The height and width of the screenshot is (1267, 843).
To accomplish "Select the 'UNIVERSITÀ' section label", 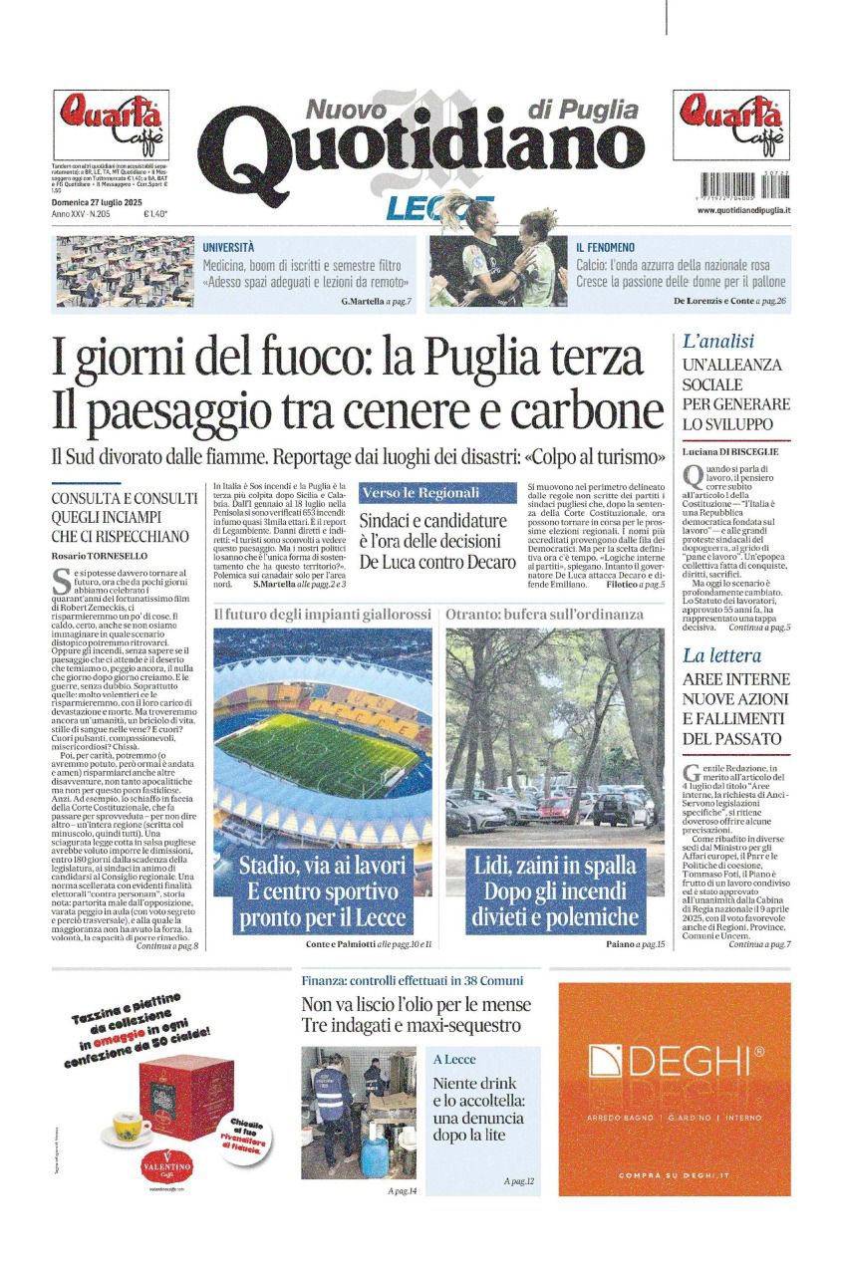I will coord(228,247).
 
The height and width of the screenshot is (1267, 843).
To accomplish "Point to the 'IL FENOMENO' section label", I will coord(605,247).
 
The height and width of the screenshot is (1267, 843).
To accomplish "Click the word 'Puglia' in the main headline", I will coord(501,356).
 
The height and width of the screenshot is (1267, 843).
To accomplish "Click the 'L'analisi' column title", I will coord(717,341).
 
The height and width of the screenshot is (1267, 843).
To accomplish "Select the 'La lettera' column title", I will coord(721,655).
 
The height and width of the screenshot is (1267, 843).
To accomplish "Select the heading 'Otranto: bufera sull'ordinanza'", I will coord(544,615).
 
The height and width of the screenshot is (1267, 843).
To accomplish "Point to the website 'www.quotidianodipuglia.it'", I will coord(737,210).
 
